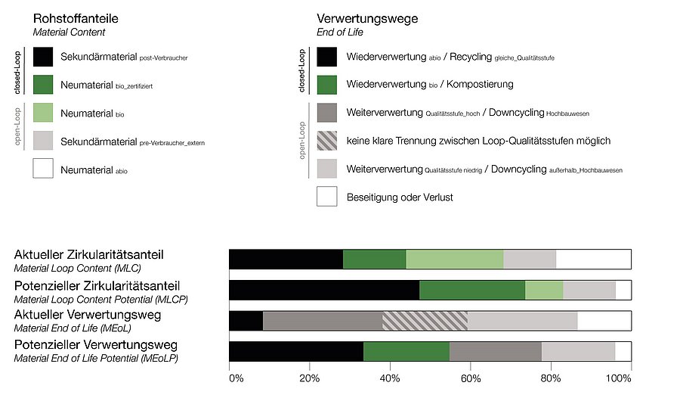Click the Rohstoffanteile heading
coord(76,18)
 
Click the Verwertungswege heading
coord(366,18)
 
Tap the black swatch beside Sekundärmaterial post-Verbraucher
coord(43,57)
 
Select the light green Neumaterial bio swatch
coord(43,113)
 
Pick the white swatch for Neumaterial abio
coord(43,169)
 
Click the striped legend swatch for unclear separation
coord(326,141)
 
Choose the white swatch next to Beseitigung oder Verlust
coord(326,197)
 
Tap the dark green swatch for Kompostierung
coord(326,84)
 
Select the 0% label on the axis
coord(236,378)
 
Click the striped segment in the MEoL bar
coord(425,321)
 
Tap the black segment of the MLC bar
coord(286,259)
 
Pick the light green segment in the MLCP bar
coord(543,290)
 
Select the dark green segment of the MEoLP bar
coord(406,352)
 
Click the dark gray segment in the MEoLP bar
coord(495,352)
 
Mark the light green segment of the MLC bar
coord(455,259)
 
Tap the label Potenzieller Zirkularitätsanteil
coord(97,285)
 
